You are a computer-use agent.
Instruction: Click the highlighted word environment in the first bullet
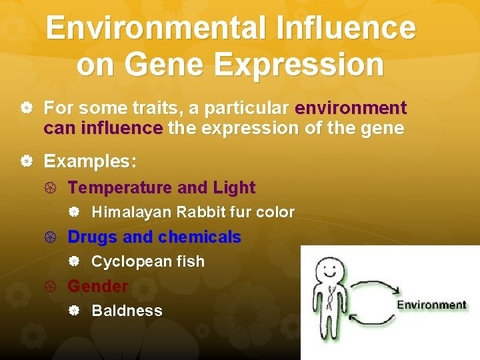(351, 108)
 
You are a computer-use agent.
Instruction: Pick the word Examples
(90, 162)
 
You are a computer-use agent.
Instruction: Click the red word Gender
(97, 286)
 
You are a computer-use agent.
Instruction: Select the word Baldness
(127, 311)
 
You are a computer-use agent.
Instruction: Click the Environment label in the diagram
(432, 305)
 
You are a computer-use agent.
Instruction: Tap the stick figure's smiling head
(329, 269)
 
